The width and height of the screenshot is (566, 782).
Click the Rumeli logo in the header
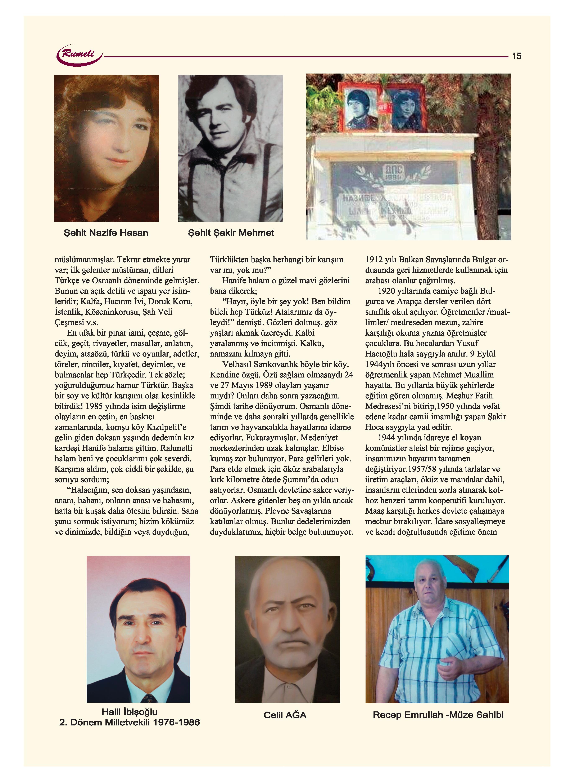pos(80,54)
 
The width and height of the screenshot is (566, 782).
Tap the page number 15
pos(516,56)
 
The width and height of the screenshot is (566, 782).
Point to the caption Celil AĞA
pos(285,715)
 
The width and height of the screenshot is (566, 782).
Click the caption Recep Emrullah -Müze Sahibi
pos(438,715)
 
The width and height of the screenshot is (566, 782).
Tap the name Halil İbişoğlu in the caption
pos(130,712)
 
